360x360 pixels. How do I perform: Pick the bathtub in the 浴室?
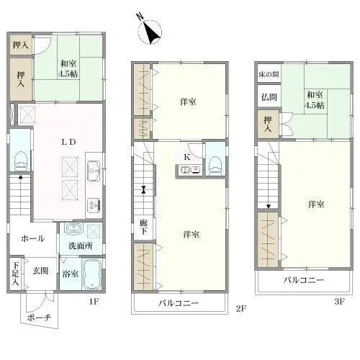pos(91,278)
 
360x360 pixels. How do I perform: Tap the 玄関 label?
pos(40,271)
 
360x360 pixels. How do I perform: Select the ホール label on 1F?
pos(33,238)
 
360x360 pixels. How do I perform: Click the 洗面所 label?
pos(80,246)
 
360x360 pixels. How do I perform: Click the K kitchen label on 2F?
pos(186,156)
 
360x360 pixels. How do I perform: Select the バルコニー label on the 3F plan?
pos(303,279)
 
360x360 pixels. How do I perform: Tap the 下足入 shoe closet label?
pos(15,274)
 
